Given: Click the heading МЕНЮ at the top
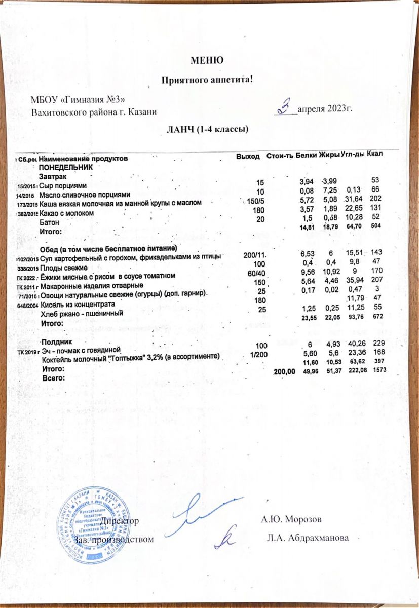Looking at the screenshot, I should click(207, 60).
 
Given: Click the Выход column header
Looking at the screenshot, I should click(248, 156).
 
